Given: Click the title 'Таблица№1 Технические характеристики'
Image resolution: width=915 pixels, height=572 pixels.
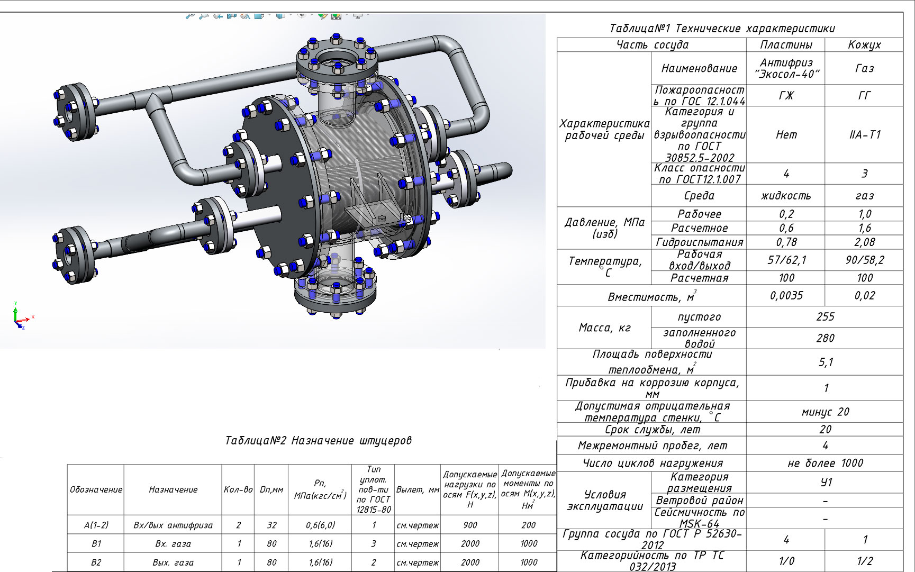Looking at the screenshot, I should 722,29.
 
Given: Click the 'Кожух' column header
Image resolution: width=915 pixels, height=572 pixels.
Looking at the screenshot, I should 864,45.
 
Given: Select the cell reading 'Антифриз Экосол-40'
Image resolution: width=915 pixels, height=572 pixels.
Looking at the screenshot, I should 786,68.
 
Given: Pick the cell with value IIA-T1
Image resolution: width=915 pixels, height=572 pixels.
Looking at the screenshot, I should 864,135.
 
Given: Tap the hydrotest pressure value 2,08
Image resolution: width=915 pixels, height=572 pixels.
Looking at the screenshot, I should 864,242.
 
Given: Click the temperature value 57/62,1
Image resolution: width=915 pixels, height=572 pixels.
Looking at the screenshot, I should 786,260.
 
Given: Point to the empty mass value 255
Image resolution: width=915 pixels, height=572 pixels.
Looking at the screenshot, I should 825,316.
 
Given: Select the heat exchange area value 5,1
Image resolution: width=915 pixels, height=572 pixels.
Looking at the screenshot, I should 826,362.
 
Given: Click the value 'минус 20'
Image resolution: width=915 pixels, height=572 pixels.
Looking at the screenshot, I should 825,412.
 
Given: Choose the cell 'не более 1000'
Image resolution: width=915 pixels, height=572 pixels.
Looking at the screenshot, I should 825,463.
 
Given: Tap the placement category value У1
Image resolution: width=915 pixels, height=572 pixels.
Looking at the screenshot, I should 826,482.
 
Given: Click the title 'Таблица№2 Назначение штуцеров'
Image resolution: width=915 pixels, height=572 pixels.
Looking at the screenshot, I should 318,440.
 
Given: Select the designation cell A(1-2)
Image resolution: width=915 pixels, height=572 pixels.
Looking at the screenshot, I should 96,525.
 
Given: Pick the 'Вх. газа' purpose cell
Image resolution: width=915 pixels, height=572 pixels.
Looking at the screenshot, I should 173,543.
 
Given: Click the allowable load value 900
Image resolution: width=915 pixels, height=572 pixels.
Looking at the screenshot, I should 469,525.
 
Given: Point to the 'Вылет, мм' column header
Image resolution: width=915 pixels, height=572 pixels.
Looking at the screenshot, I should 418,490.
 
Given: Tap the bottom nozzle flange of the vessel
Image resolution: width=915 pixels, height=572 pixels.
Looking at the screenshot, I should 335,296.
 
